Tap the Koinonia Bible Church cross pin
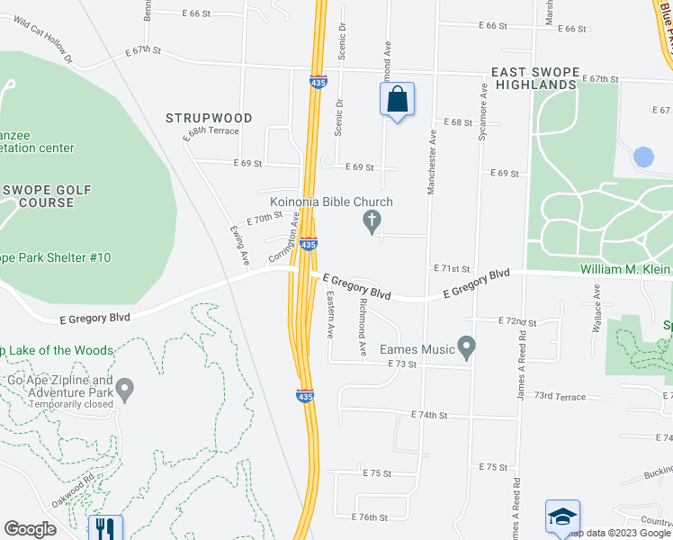pos(370,220)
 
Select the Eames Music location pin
pos(466,346)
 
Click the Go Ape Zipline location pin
pos(125,390)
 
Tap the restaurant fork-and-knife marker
pos(105,527)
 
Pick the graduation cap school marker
pos(562,517)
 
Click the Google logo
pos(30,529)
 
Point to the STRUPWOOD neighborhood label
pos(209,118)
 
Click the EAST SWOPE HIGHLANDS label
pos(533,77)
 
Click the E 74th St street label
pos(428,415)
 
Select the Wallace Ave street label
pos(597,303)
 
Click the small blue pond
pos(643,157)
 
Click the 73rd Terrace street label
pos(559,396)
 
